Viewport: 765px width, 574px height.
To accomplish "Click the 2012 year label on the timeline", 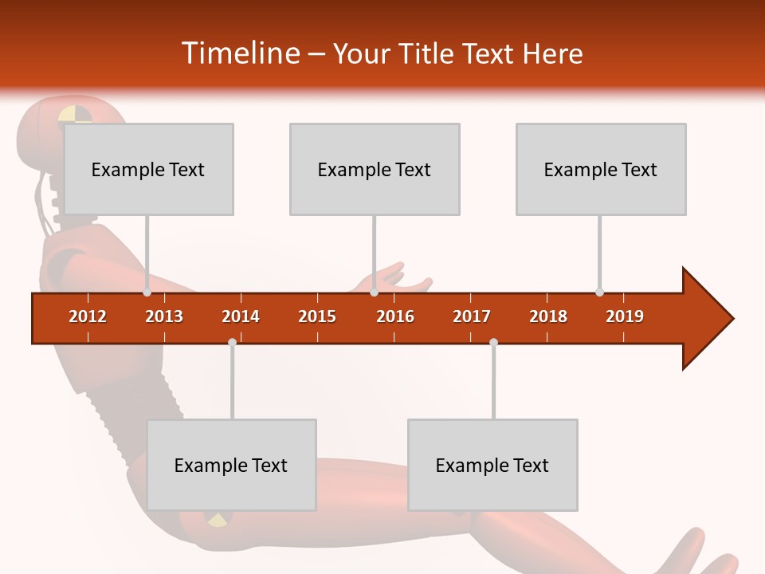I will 88,316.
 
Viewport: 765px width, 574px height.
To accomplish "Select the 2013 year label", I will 164,316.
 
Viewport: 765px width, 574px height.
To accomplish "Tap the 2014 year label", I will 241,316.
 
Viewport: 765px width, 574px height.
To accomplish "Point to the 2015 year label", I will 317,316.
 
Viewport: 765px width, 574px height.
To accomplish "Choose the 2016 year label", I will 395,316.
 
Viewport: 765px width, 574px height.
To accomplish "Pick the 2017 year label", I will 472,316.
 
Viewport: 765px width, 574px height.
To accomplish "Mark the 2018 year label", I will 548,316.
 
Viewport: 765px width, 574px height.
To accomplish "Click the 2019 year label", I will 625,316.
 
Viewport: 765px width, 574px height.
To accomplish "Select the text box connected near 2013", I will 148,169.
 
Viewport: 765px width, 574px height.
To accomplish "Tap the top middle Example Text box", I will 375,169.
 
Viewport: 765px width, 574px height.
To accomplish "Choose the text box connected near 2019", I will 601,169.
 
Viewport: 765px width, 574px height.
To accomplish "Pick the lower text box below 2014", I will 231,465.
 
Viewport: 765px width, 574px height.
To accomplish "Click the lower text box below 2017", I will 492,465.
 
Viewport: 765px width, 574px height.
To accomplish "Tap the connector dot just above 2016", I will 374,293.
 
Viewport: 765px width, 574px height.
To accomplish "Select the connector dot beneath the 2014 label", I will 232,342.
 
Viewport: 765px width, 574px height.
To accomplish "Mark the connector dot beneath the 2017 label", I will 493,342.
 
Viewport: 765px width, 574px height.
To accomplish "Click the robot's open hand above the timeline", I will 398,279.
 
